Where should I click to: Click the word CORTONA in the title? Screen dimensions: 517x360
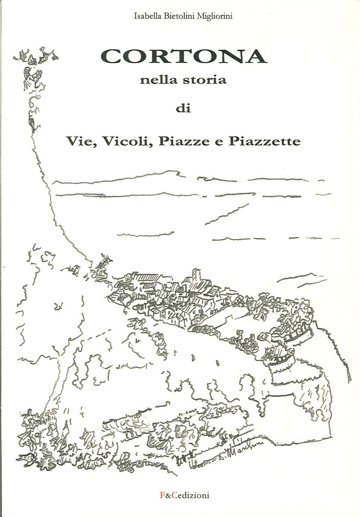pyautogui.click(x=184, y=57)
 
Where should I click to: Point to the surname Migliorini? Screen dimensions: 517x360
pyautogui.click(x=212, y=16)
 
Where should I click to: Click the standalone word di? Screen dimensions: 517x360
pyautogui.click(x=182, y=108)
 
